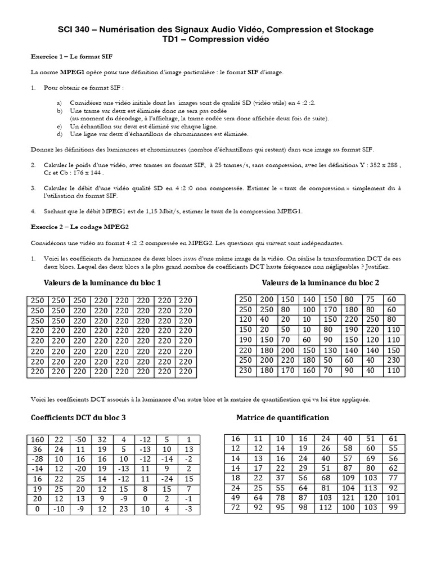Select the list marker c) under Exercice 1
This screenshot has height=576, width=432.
[60, 127]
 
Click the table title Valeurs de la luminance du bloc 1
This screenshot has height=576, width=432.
[106, 282]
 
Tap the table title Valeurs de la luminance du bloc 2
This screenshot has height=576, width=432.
[321, 282]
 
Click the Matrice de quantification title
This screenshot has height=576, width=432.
[282, 418]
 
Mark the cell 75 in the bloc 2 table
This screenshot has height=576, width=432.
[370, 299]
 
